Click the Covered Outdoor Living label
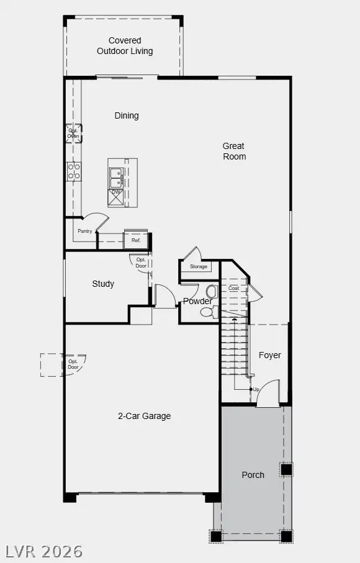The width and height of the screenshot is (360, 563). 125,46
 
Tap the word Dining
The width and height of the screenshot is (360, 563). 127,115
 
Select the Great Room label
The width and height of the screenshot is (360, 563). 234,151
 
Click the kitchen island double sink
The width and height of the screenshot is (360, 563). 115,177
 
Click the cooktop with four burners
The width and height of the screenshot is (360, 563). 74,171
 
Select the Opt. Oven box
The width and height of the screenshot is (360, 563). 73,134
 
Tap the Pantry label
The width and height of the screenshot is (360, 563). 85,231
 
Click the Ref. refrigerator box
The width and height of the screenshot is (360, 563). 136,240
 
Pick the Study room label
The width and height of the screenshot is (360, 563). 103,284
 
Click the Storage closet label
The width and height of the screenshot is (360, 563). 199,267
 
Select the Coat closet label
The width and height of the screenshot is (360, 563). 233,288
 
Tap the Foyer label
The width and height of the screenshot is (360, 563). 269,355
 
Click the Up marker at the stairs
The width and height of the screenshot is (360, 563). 255,389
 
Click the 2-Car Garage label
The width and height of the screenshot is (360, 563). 145,416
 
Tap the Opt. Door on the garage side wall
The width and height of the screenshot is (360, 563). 73,365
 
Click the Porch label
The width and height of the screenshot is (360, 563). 253,475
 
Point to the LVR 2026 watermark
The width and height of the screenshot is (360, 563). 45,551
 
